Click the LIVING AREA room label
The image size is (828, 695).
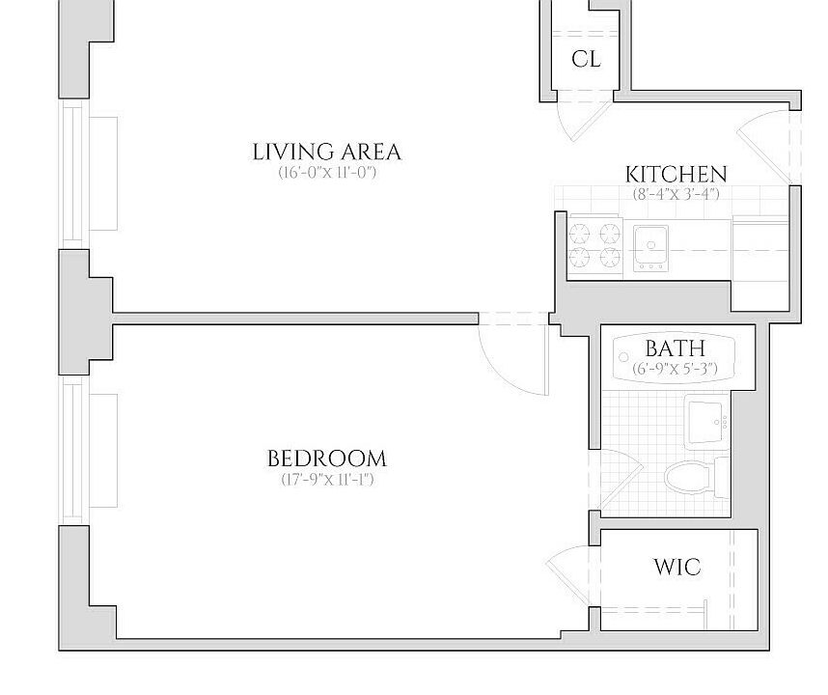(326, 152)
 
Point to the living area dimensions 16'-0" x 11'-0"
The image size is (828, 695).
(326, 174)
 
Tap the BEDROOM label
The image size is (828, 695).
(326, 459)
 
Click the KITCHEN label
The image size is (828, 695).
(676, 175)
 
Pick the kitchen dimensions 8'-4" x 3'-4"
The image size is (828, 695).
(676, 194)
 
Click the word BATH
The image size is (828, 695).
(675, 348)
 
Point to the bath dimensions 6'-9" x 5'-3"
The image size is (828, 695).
(675, 369)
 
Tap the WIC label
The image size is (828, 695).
(676, 567)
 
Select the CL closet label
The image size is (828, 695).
(586, 59)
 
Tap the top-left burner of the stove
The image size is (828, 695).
(581, 232)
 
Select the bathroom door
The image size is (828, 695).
(618, 478)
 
